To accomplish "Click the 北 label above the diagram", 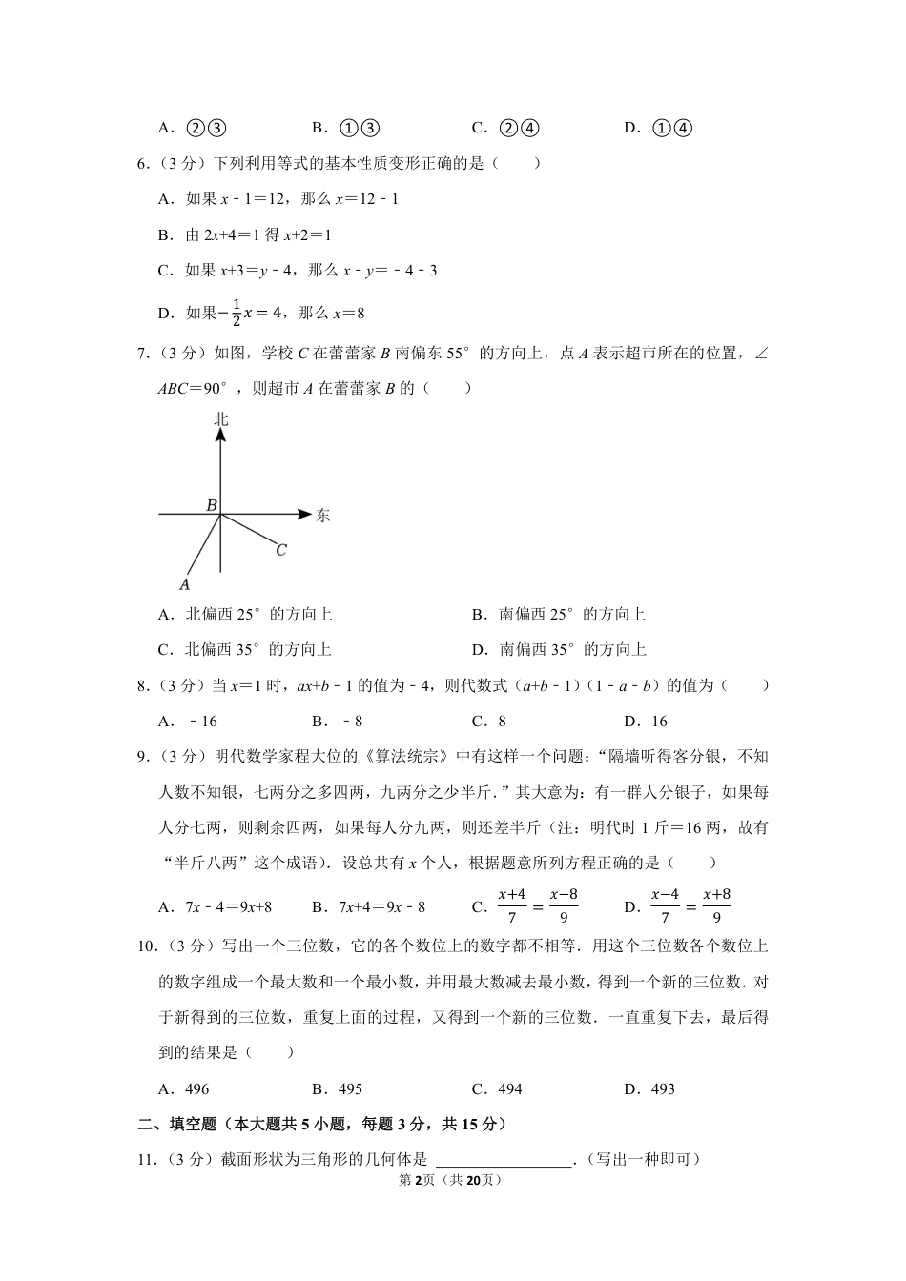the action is (220, 419).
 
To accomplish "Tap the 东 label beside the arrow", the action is (322, 516).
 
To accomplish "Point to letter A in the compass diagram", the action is (185, 583).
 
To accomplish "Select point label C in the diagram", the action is (281, 550).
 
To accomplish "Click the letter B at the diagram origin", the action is (212, 505).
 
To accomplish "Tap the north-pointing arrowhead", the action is (220, 435).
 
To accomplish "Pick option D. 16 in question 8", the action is (646, 721).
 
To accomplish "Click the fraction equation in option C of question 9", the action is (538, 906).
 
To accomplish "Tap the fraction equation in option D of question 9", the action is (690, 906).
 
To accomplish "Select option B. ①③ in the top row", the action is (347, 128).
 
